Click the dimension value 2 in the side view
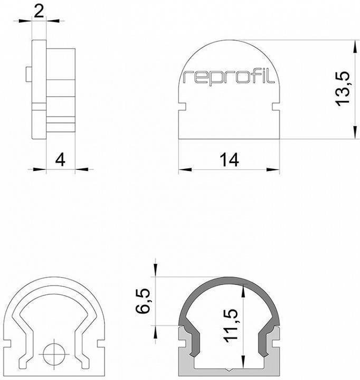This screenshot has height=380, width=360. click(39, 11)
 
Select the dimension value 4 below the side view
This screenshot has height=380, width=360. click(61, 159)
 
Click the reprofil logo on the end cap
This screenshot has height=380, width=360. click(229, 78)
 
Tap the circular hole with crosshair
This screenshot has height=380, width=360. click(54, 353)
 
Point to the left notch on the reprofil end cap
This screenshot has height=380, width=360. click(183, 107)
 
